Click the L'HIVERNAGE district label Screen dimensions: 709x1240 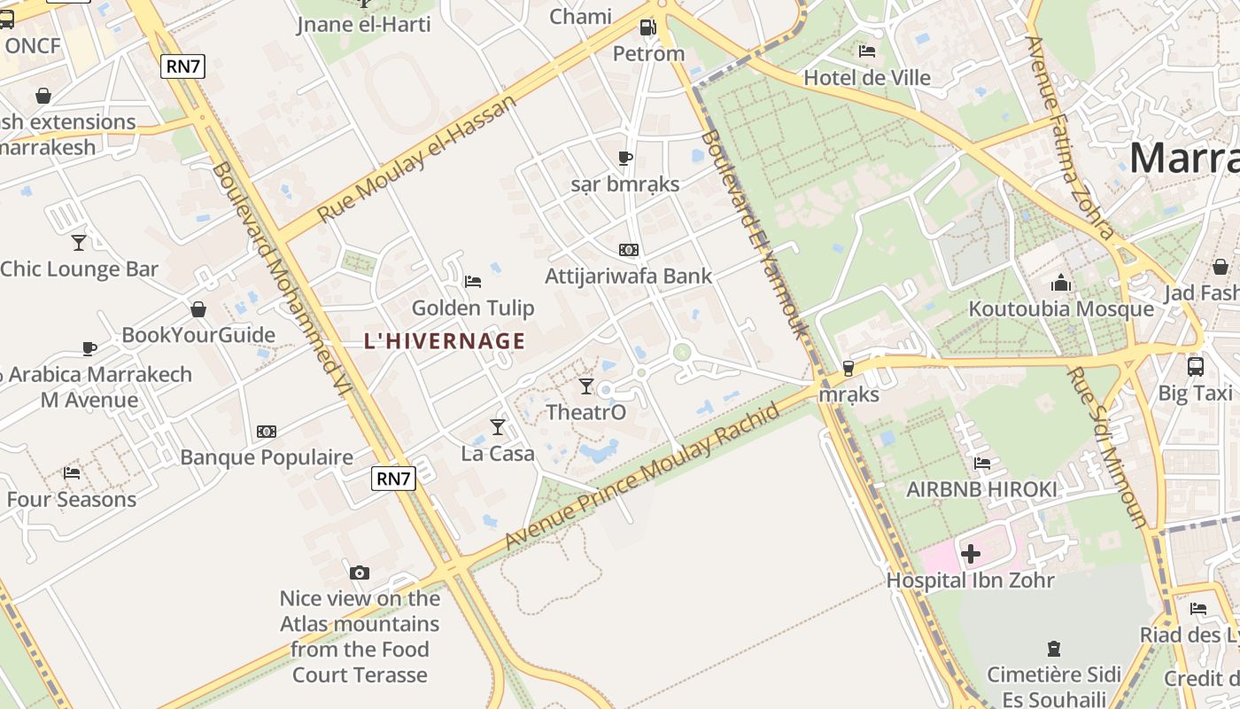tap(445, 341)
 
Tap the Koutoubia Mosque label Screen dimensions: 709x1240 tap(1061, 309)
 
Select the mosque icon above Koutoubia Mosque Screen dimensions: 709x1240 tap(1061, 284)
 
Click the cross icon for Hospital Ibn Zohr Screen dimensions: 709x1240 tap(971, 555)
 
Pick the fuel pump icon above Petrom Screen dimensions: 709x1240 tap(648, 27)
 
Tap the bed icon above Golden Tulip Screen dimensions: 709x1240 tap(473, 282)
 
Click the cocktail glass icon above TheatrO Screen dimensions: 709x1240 tap(585, 386)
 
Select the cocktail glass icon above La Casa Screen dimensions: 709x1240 tap(498, 427)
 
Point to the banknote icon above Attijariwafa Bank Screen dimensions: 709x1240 tap(629, 250)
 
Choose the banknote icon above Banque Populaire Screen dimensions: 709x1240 tap(267, 432)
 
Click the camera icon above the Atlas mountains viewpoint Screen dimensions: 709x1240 tap(359, 573)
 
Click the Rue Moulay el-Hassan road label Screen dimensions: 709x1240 tap(416, 160)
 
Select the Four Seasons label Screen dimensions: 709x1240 tap(72, 499)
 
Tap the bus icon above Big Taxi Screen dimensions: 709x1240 tap(1195, 365)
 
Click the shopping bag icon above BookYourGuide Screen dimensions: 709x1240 tap(198, 309)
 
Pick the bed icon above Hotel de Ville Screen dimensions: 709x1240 tap(867, 51)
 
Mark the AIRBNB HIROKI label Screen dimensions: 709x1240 tap(981, 489)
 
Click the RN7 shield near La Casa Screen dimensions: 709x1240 tap(393, 479)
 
